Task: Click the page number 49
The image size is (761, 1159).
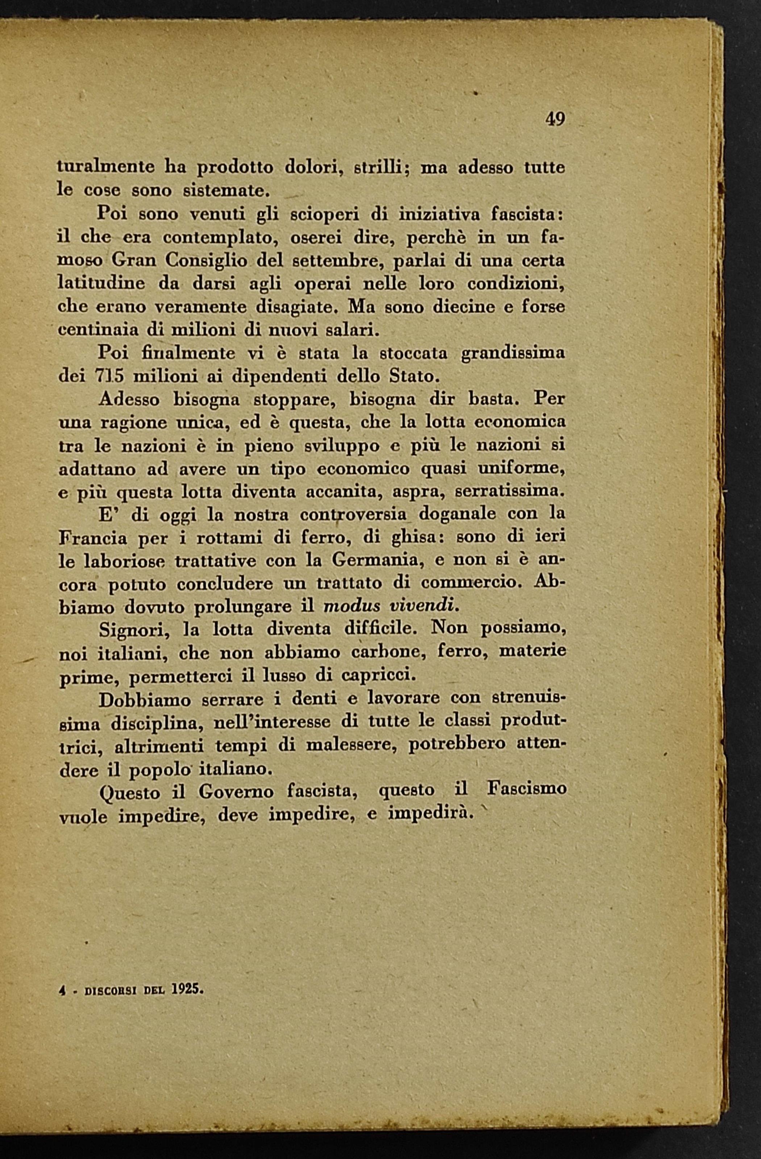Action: [555, 119]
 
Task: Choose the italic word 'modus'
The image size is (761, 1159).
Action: [349, 607]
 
